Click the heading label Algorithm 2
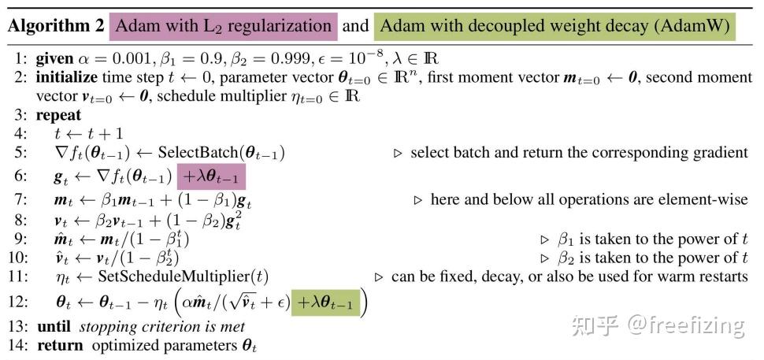(x=56, y=26)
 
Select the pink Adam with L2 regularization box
(x=224, y=26)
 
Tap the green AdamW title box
(x=555, y=26)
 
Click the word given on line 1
(x=54, y=59)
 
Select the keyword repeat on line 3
(x=58, y=116)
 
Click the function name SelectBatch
(x=198, y=153)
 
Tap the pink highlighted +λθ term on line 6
(x=211, y=176)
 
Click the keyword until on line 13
(x=54, y=326)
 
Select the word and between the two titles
(x=356, y=26)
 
